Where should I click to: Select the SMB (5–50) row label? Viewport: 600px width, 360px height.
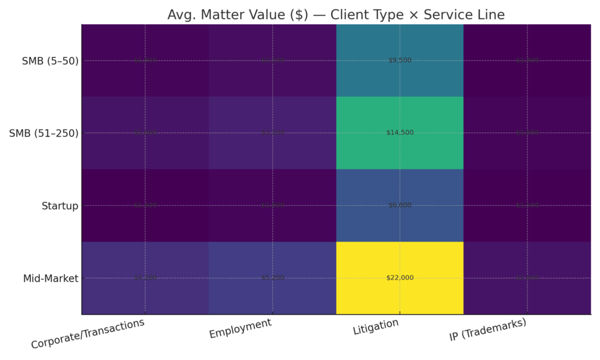click(49, 60)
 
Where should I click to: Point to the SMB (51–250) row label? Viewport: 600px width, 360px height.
click(44, 133)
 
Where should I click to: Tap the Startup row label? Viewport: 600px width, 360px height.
click(60, 206)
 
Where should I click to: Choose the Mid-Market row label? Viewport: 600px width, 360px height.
click(51, 279)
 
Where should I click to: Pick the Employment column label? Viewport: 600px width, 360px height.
click(240, 328)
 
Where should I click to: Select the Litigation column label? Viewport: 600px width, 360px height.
click(376, 327)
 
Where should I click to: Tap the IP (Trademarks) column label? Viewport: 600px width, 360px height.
click(487, 330)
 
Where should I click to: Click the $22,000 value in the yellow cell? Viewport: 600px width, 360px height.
click(400, 278)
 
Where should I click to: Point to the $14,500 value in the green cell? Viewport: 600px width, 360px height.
click(400, 133)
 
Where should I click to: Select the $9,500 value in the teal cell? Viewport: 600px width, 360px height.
click(400, 60)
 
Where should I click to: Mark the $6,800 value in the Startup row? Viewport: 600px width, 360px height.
click(400, 206)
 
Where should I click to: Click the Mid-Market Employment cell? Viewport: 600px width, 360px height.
click(272, 278)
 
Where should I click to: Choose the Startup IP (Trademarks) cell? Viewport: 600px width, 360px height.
click(527, 206)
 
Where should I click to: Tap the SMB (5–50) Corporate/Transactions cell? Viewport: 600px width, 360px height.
click(145, 60)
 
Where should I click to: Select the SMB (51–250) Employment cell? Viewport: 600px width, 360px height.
click(272, 133)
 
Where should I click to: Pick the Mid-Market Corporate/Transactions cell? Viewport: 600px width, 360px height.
click(145, 278)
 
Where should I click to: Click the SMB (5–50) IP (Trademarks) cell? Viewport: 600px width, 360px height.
click(527, 60)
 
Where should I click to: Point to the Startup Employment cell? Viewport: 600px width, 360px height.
click(272, 206)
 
